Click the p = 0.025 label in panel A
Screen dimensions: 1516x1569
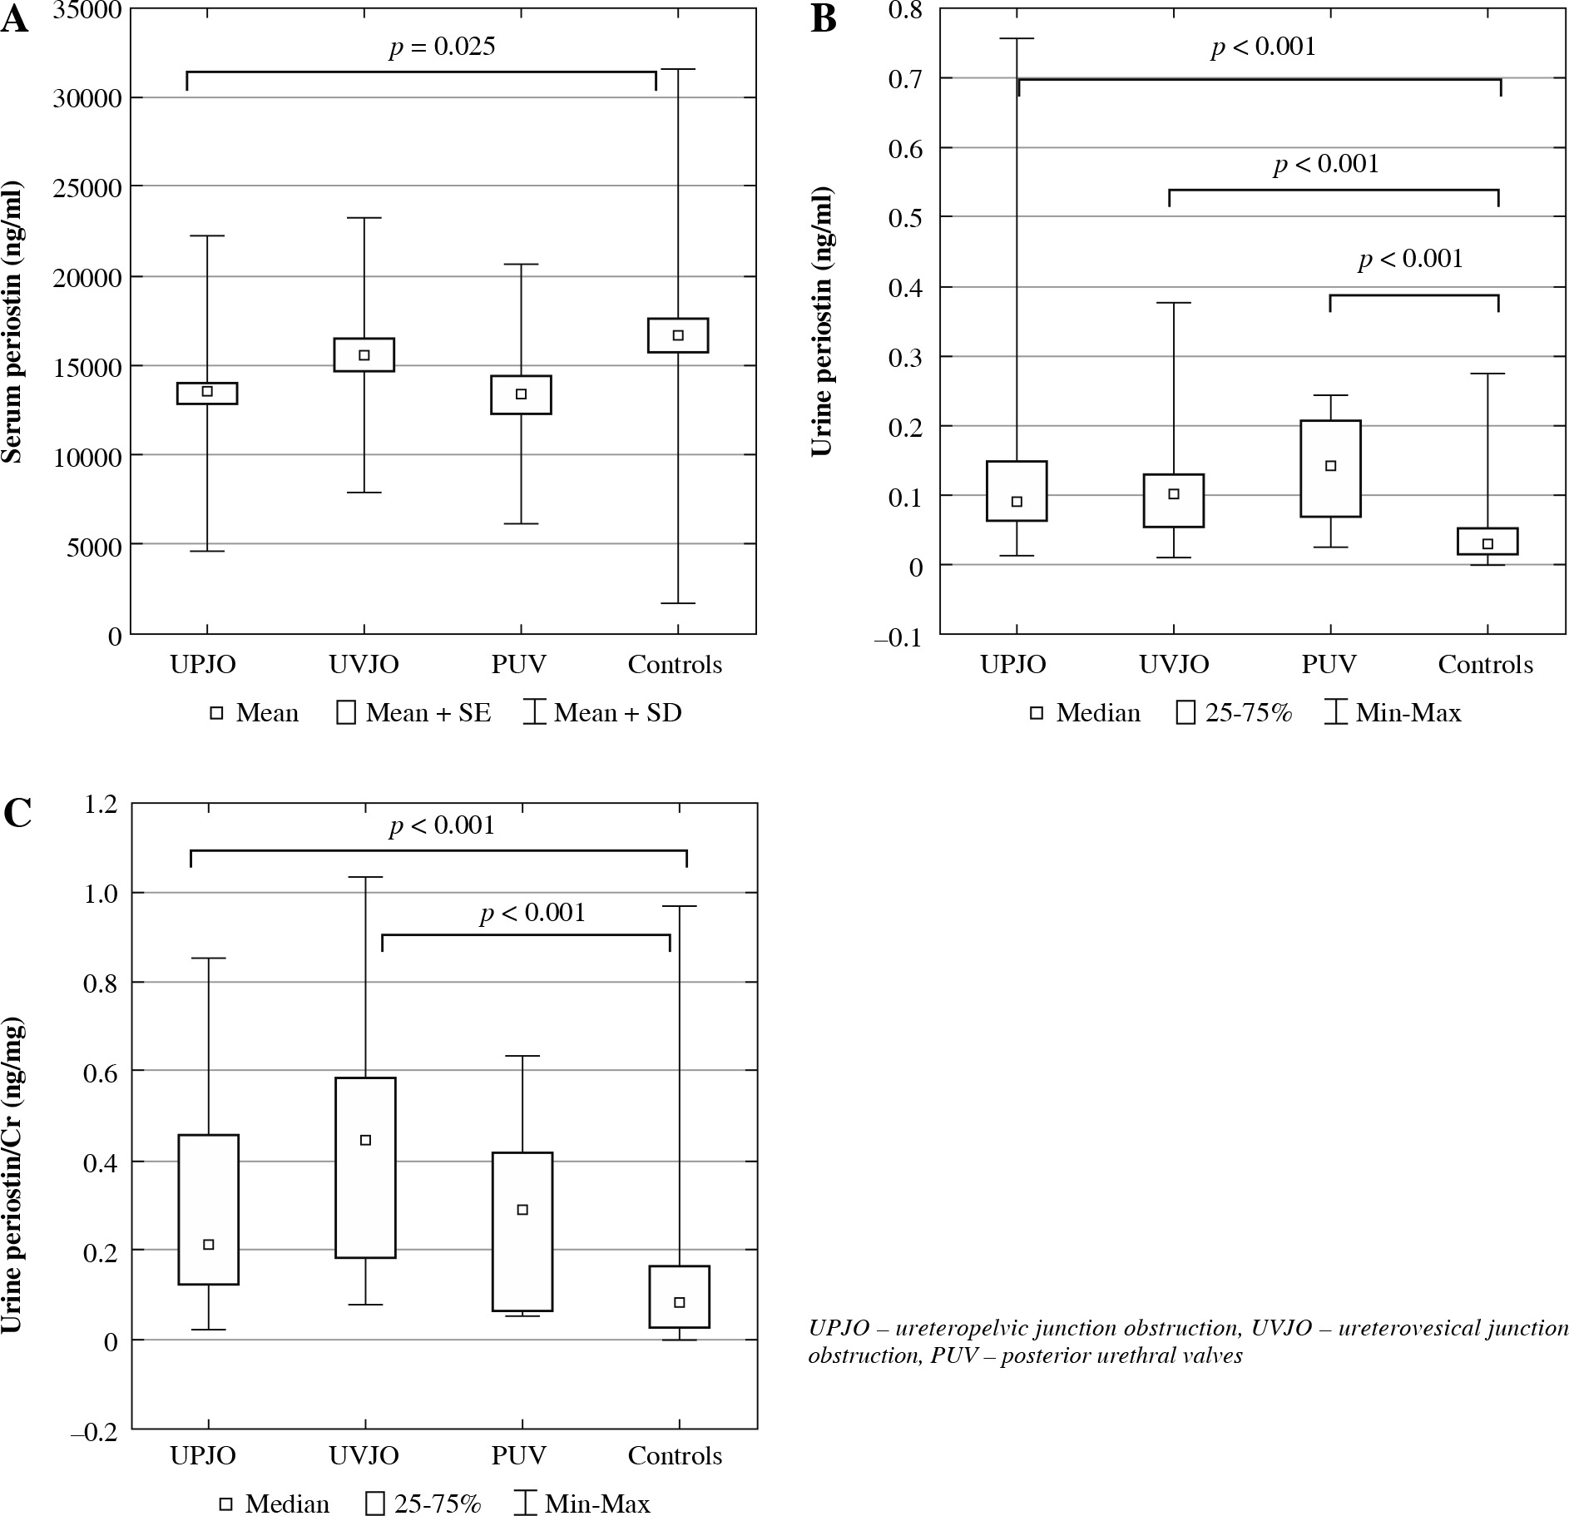click(442, 47)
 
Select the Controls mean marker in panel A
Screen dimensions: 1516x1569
click(678, 335)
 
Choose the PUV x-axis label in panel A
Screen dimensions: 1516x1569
click(519, 664)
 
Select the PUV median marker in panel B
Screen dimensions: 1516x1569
click(1330, 466)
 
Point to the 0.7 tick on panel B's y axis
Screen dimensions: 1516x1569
click(908, 78)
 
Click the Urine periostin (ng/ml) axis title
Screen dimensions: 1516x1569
click(822, 320)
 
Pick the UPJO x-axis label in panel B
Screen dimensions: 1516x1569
click(1012, 664)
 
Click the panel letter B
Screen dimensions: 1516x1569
click(823, 19)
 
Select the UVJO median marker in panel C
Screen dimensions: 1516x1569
click(365, 1140)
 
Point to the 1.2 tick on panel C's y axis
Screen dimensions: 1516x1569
click(101, 805)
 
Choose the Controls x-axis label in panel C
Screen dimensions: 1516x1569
click(675, 1455)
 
